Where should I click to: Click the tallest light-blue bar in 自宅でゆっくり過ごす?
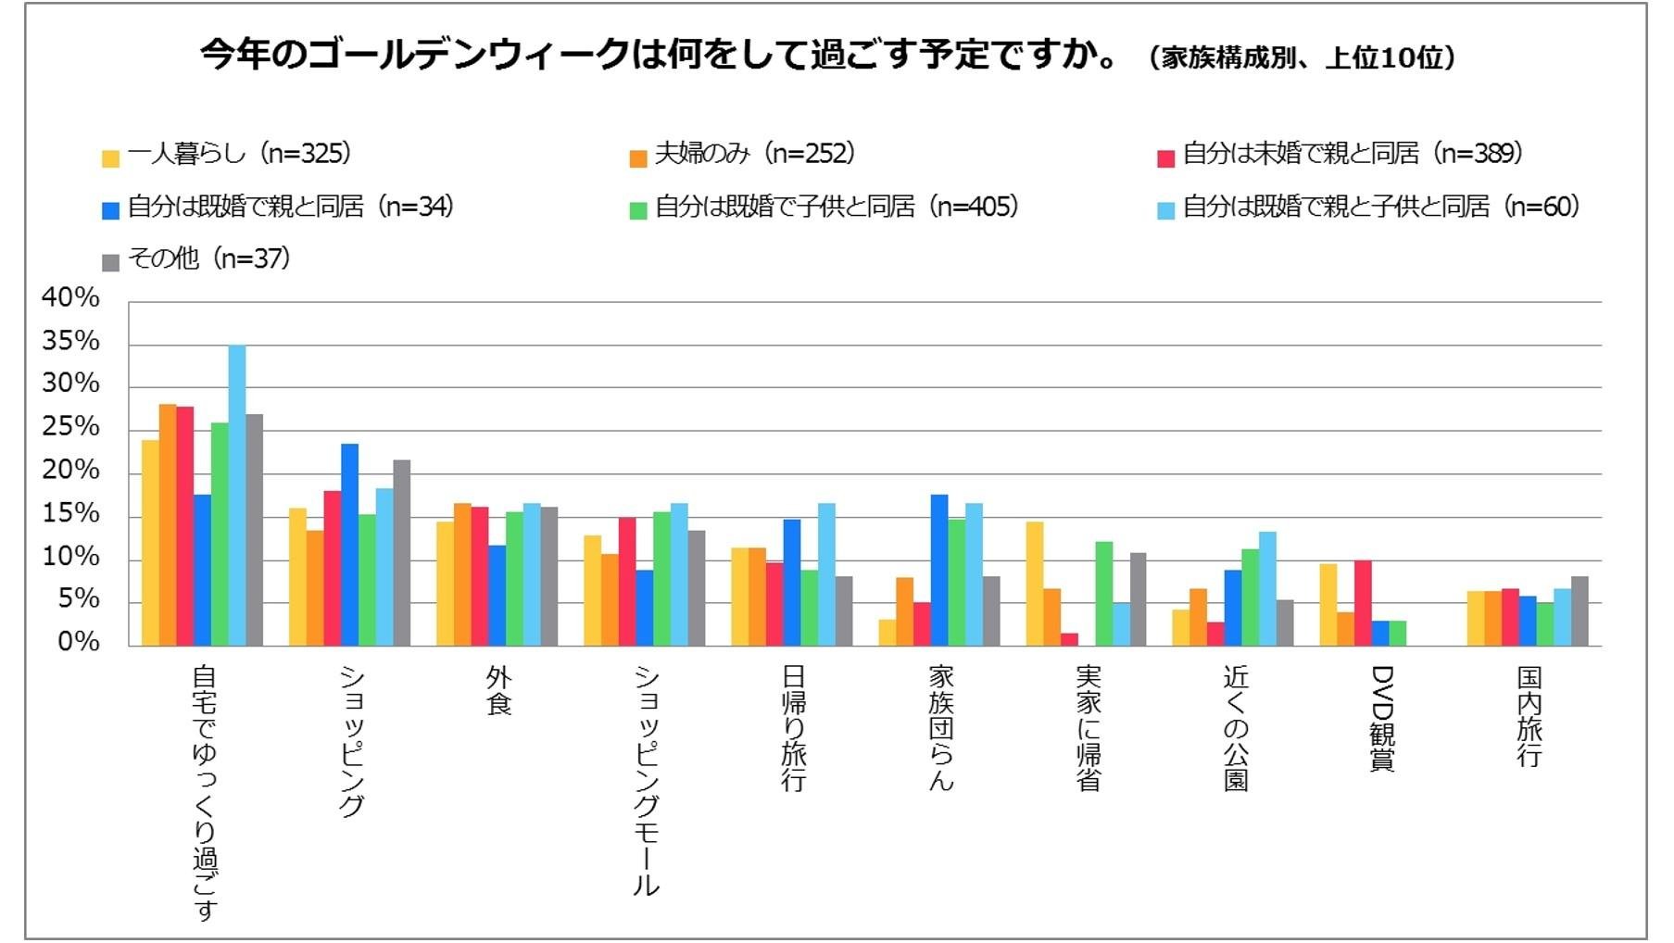coord(237,496)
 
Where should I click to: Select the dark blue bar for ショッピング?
coord(349,545)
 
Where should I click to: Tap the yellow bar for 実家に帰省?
coord(1034,584)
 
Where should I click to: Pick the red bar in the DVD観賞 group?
coord(1362,603)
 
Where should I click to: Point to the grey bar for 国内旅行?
coord(1580,611)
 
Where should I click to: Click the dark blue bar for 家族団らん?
coord(939,571)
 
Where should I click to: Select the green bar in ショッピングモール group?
coord(661,579)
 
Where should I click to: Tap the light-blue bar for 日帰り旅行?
coord(826,574)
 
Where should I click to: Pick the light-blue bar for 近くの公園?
coord(1267,589)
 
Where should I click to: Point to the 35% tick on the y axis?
coord(70,342)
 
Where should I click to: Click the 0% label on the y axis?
coord(78,642)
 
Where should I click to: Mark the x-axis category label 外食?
coord(498,691)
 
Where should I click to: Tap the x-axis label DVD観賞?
coord(1382,718)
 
